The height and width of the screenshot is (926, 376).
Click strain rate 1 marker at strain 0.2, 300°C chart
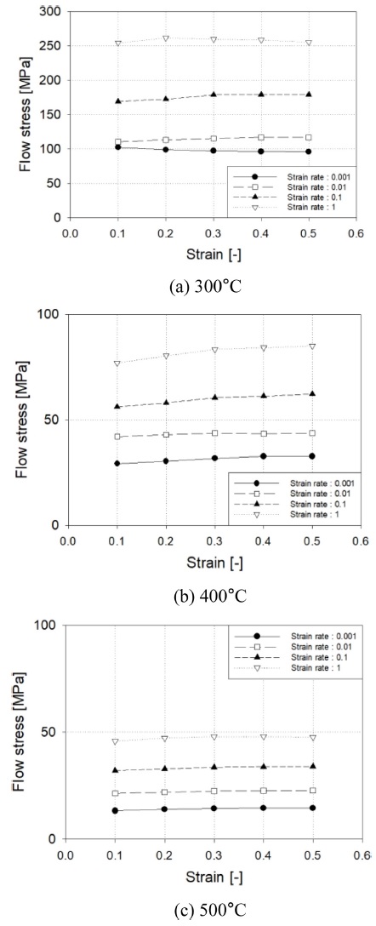(166, 38)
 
